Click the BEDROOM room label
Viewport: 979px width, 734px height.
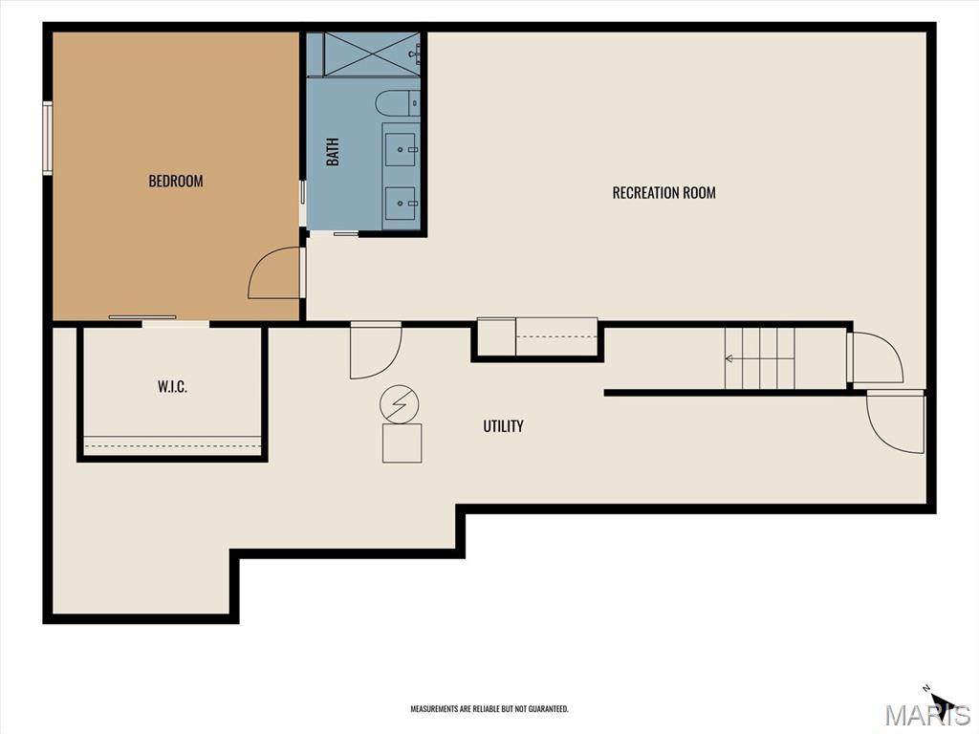pos(176,181)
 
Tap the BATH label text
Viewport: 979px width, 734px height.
pos(333,152)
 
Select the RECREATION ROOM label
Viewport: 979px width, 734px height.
pos(664,193)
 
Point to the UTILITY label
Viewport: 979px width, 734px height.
pos(503,426)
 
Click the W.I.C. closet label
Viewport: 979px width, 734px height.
pos(172,387)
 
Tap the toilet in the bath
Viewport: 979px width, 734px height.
pos(398,103)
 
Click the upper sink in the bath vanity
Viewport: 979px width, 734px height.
pos(401,149)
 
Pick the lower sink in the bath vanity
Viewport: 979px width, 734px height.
pos(401,203)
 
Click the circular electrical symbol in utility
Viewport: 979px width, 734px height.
pos(400,404)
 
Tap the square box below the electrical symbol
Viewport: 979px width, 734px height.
pos(402,443)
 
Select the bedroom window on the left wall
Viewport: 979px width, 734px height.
pos(48,136)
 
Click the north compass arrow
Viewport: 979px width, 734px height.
pos(942,702)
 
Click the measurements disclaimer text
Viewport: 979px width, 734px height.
pos(489,709)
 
